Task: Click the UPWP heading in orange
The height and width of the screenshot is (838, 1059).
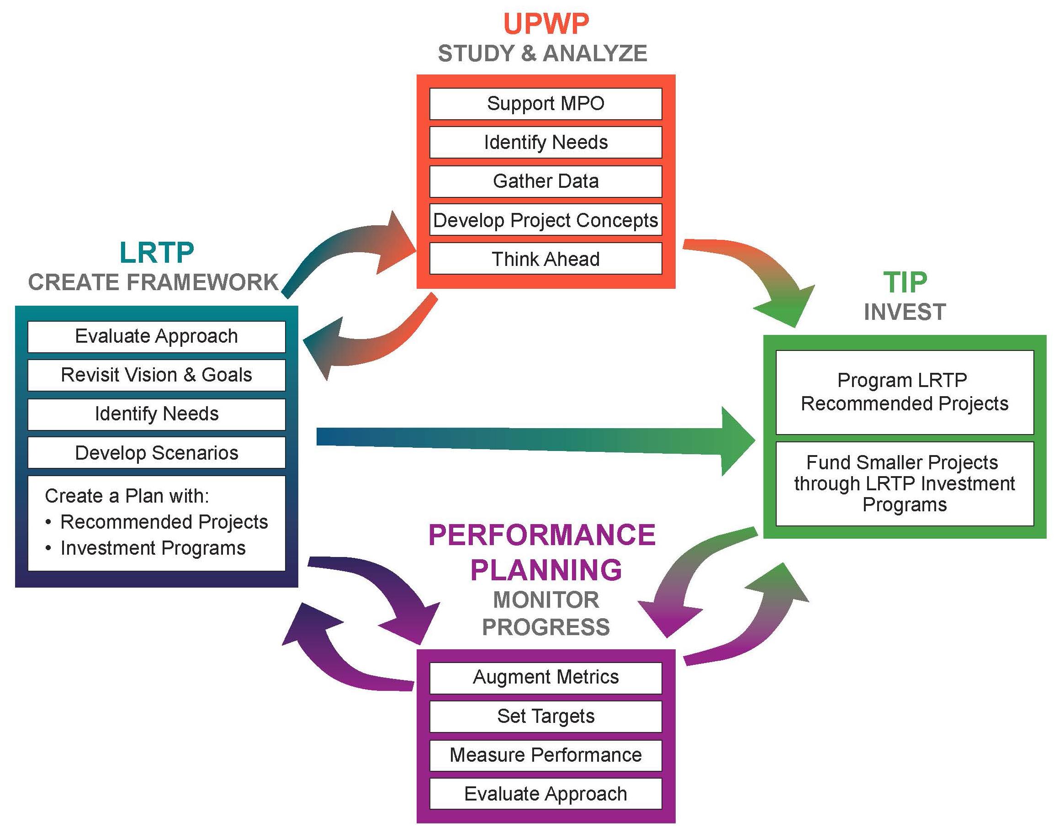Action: point(545,24)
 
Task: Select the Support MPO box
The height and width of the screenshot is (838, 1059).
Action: point(545,104)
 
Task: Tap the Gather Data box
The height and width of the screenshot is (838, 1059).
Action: point(545,181)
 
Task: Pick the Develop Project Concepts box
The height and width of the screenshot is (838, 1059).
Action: point(545,220)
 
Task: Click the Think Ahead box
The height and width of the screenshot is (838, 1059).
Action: point(545,259)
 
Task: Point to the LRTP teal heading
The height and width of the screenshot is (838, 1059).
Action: point(156,253)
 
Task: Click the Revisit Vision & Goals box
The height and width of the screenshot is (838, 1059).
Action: point(156,375)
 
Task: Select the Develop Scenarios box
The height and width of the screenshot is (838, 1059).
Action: point(156,452)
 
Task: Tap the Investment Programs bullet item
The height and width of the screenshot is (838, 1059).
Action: point(153,548)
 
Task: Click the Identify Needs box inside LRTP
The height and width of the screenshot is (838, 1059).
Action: point(156,414)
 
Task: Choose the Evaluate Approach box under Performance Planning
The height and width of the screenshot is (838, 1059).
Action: point(545,793)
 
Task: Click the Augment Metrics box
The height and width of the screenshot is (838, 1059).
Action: point(545,677)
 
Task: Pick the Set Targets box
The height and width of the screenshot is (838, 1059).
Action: point(545,716)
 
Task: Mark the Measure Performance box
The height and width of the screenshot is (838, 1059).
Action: point(545,754)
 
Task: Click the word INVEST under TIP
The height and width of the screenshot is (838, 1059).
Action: point(905,312)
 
